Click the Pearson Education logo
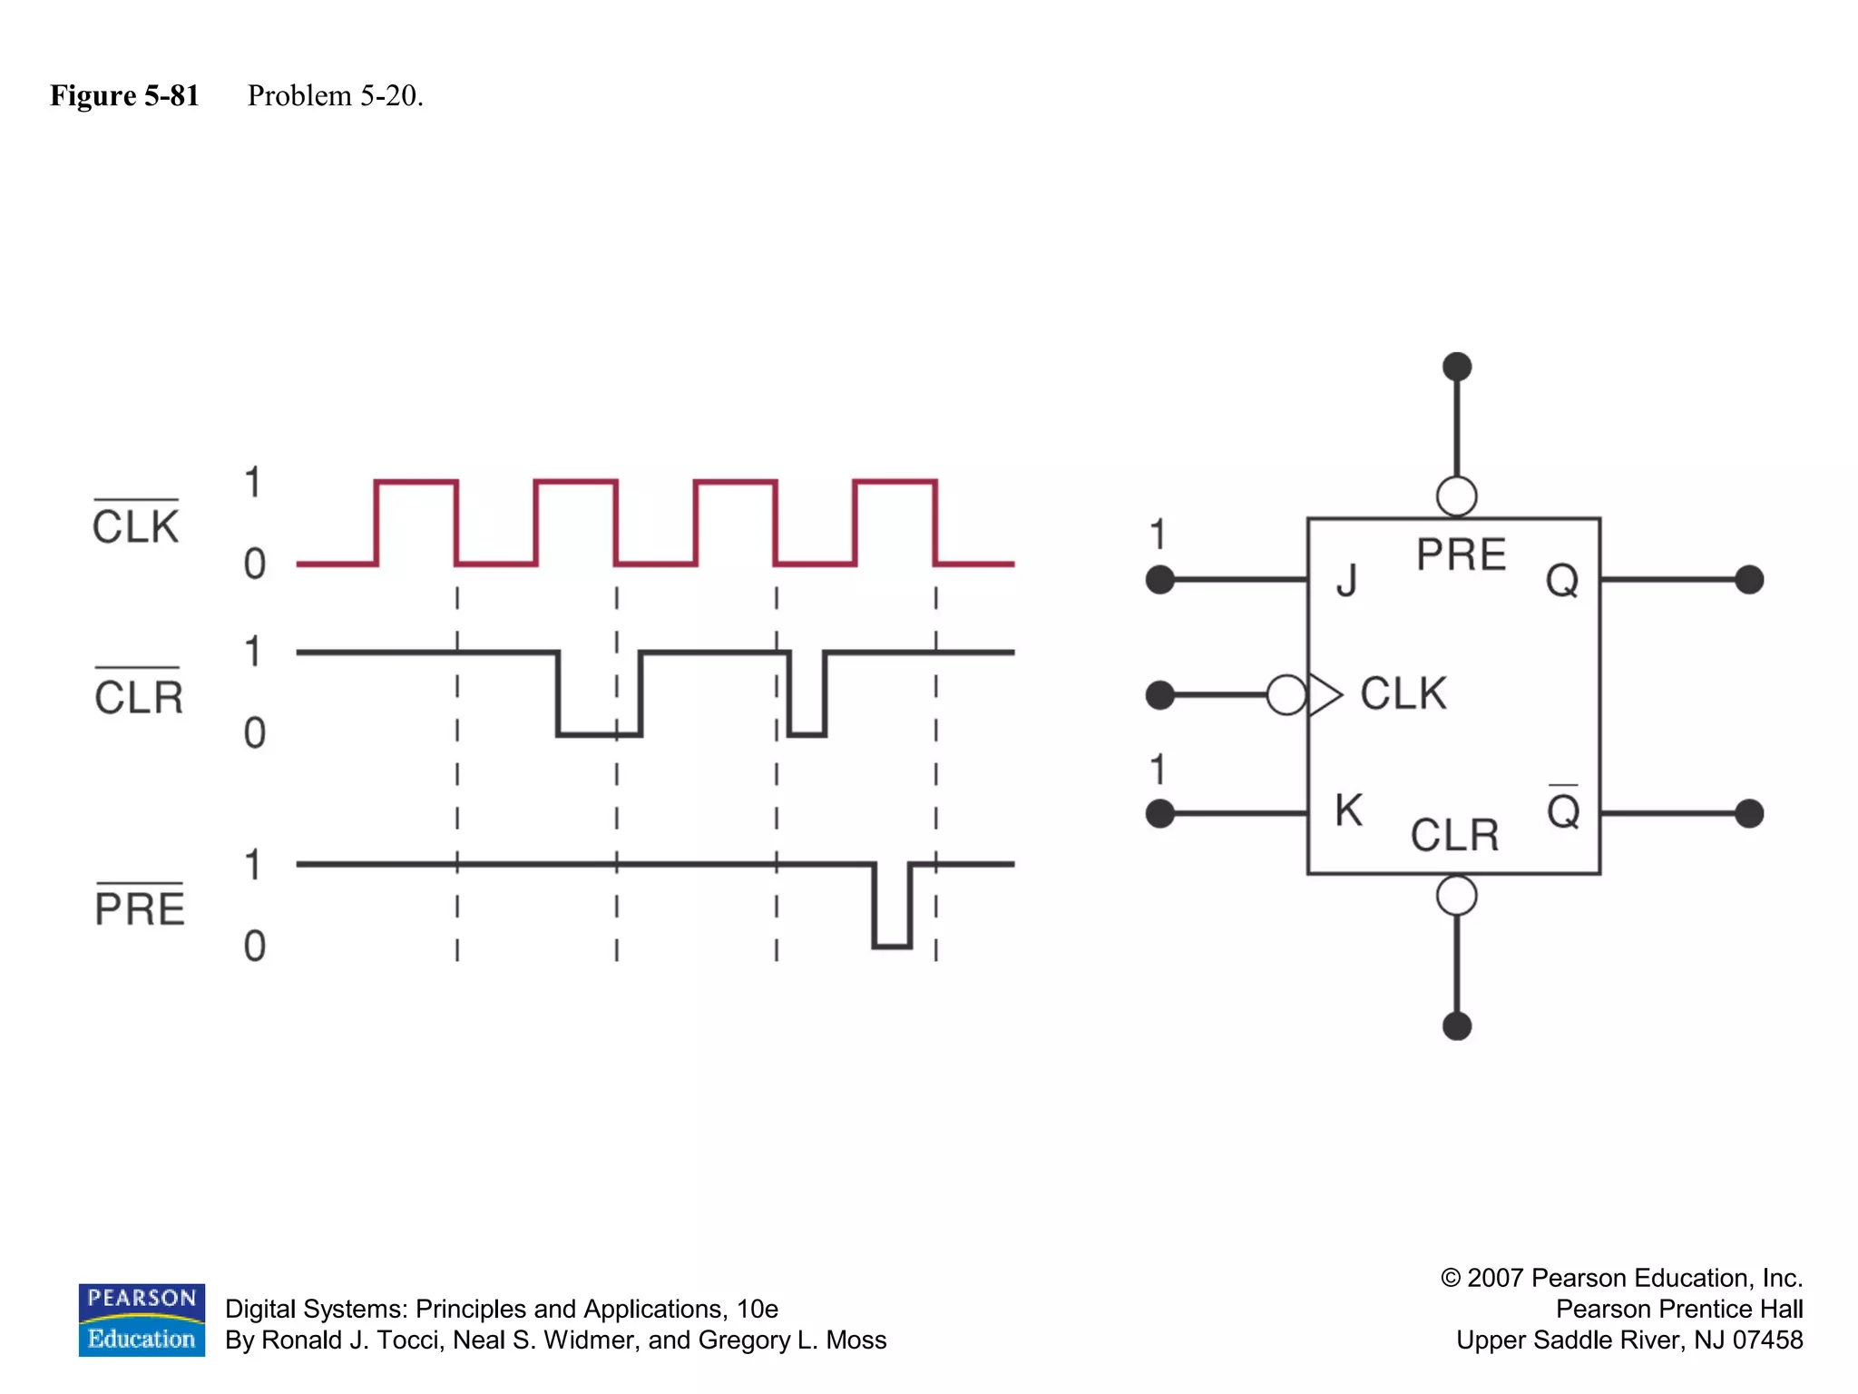(142, 1320)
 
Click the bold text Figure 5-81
(124, 95)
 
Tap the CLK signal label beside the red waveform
(136, 525)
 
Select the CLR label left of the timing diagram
(139, 696)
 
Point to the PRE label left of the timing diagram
(140, 908)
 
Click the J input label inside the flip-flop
(1347, 580)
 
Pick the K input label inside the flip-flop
(1348, 810)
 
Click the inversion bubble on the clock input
(1286, 695)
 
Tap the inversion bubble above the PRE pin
(1457, 496)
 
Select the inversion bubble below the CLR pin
(1457, 896)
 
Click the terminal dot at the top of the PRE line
(1457, 367)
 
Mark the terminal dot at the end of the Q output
(1749, 579)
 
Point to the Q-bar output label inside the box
(1563, 810)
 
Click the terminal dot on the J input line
(1160, 579)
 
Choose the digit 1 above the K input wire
(1158, 770)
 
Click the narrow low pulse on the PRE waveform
(892, 908)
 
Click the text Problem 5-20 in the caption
(336, 95)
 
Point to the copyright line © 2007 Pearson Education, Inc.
(1621, 1278)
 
